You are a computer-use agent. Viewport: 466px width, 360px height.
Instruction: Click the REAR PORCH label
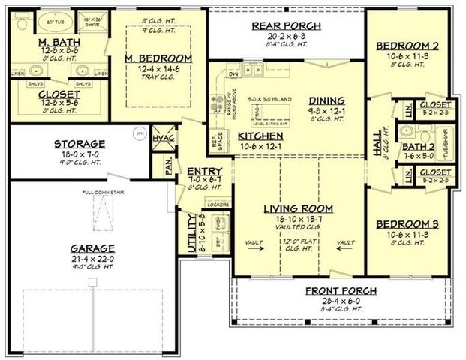click(x=286, y=26)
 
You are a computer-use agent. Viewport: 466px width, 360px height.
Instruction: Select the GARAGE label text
click(x=94, y=248)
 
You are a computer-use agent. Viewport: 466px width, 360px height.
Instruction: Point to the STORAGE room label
click(x=80, y=144)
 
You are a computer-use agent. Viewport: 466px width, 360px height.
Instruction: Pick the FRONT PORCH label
click(x=341, y=291)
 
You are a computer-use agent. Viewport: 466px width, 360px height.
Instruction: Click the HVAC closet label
click(x=162, y=139)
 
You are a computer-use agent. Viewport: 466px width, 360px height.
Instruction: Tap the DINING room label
click(x=326, y=100)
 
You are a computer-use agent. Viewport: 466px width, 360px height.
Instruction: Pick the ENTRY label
click(x=204, y=171)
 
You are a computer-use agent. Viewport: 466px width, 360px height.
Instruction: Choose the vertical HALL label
click(x=377, y=143)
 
